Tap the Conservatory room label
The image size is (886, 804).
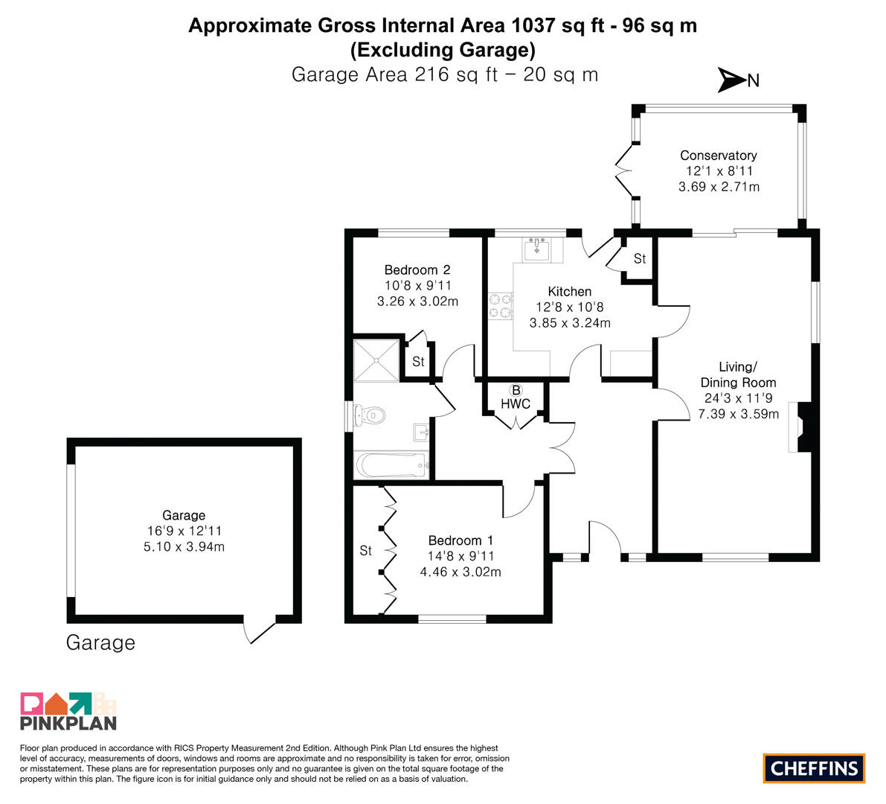718,156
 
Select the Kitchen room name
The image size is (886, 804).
570,292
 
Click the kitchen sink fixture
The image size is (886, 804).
536,248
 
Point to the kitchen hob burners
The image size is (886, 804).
501,306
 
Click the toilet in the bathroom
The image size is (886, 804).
369,415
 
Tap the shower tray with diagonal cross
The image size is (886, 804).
376,360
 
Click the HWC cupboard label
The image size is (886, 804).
516,403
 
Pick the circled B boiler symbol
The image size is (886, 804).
516,390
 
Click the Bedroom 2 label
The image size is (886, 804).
417,269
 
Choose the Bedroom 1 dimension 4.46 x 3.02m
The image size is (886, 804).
460,572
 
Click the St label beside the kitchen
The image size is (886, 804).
640,258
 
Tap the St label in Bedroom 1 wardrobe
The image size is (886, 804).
365,550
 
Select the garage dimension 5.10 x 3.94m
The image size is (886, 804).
184,546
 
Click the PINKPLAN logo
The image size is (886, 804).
68,711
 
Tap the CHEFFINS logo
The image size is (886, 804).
814,768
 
